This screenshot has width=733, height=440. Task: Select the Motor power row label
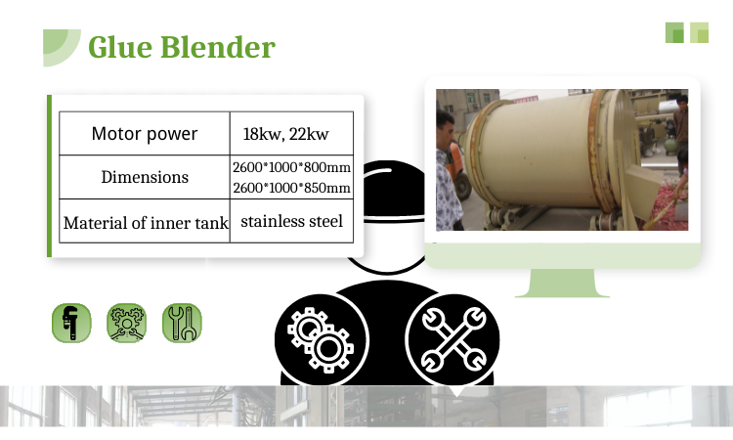[x=144, y=134]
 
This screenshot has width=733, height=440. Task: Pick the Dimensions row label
[x=145, y=177]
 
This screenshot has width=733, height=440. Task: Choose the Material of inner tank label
[x=145, y=223]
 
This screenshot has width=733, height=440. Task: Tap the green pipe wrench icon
[x=70, y=323]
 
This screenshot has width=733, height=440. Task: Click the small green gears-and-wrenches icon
[x=126, y=323]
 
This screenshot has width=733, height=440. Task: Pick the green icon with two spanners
[x=182, y=323]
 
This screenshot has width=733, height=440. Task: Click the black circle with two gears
[x=319, y=337]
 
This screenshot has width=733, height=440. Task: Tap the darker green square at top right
[x=675, y=32]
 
